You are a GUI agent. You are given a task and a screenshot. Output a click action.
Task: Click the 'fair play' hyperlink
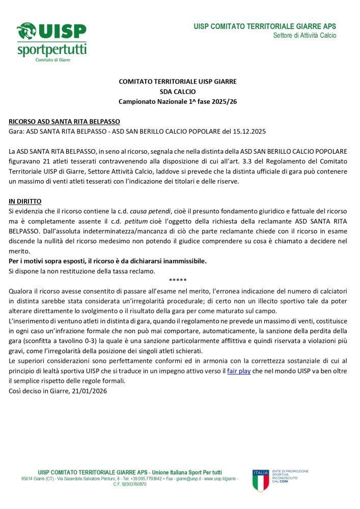tap(239, 371)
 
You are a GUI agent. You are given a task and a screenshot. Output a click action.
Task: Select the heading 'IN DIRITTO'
tap(25, 202)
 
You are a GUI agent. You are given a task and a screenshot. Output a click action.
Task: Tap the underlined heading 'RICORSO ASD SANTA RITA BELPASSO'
tap(65, 122)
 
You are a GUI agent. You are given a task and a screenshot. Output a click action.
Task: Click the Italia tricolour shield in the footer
tap(261, 480)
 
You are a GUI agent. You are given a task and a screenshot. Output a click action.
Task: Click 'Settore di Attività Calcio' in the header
tap(304, 36)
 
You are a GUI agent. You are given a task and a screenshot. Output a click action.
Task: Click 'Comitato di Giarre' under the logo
tap(52, 60)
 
